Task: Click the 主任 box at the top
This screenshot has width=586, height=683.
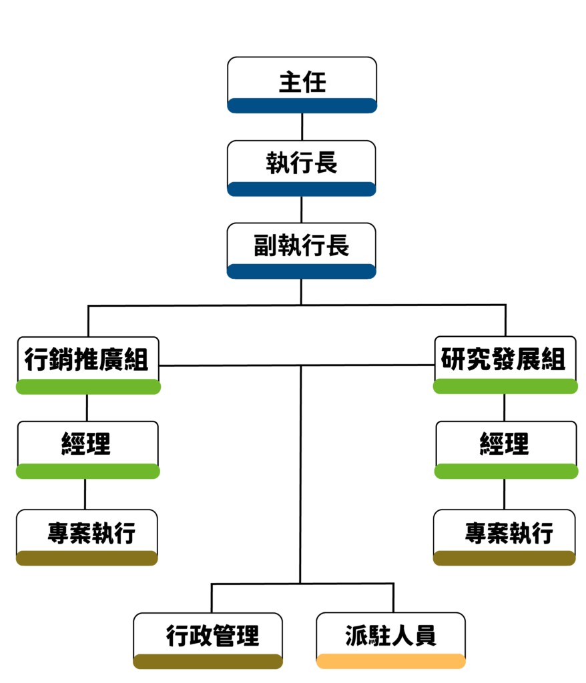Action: coord(302,83)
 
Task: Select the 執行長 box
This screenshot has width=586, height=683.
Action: coord(302,164)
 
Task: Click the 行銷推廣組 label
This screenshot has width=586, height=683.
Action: coord(87,360)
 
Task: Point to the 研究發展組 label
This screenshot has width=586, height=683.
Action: coord(503,360)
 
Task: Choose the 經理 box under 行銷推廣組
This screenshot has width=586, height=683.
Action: coord(87,444)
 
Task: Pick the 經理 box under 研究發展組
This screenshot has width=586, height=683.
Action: coord(505,444)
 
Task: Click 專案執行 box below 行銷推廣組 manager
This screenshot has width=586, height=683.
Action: coord(87,533)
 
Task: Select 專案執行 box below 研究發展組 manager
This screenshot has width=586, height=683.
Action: coord(505,533)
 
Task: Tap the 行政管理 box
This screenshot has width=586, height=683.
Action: coord(208,636)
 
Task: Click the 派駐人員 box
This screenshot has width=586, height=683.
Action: coord(390,636)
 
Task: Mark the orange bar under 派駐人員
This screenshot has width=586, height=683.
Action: coord(390,661)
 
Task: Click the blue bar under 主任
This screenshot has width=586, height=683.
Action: coord(302,105)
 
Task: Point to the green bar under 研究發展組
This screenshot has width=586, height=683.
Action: coord(505,386)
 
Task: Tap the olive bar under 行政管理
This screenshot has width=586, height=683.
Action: coord(208,661)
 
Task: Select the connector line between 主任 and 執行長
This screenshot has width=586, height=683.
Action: coord(302,126)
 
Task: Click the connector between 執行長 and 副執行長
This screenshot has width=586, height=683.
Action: coord(302,209)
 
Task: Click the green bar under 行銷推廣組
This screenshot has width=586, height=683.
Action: coord(88,387)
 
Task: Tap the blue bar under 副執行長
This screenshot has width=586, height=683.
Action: coord(302,271)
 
